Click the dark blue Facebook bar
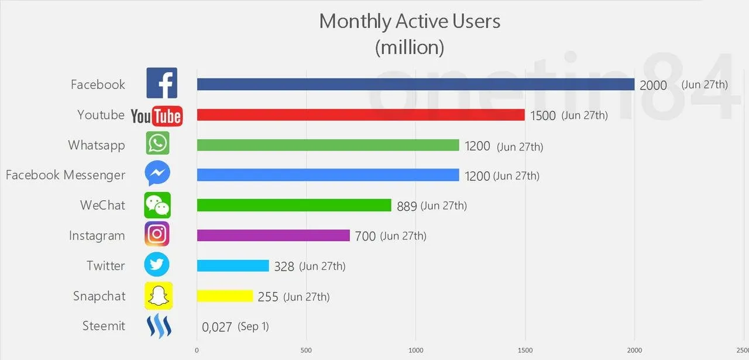tap(415, 84)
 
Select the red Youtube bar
tap(360, 115)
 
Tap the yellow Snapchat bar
tap(225, 296)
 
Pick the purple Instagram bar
tap(273, 235)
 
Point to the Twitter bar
tap(233, 265)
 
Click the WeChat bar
tap(294, 205)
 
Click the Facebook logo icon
tap(162, 83)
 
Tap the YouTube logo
tap(156, 116)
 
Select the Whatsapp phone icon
tap(157, 143)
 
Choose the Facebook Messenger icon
tap(157, 174)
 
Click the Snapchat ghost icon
tap(159, 296)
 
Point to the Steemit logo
tap(158, 326)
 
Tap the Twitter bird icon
tap(157, 265)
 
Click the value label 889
tap(407, 205)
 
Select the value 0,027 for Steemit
tap(217, 327)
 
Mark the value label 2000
tap(653, 85)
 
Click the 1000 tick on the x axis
tap(415, 351)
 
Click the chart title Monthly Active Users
tap(410, 22)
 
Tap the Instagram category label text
tap(97, 236)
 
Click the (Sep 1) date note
tap(253, 327)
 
